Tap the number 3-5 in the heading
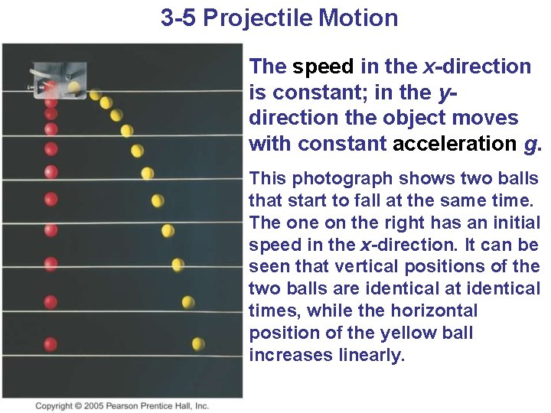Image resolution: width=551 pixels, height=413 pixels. (x=178, y=18)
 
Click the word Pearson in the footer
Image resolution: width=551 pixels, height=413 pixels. (x=130, y=406)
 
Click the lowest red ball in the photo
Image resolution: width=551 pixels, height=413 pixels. (x=51, y=343)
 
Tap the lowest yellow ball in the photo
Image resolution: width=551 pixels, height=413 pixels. (x=198, y=343)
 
